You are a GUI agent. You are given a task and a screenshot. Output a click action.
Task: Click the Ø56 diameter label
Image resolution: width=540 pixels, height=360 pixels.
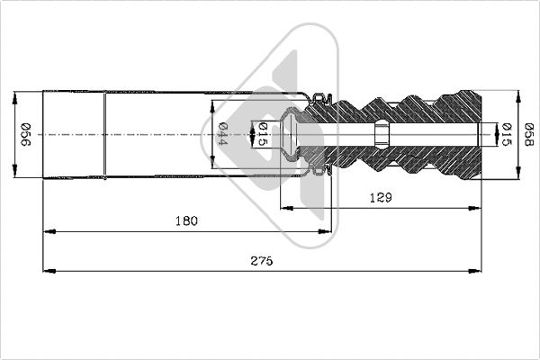tap(27, 134)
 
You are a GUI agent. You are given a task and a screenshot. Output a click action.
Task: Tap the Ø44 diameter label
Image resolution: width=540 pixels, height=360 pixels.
tap(222, 134)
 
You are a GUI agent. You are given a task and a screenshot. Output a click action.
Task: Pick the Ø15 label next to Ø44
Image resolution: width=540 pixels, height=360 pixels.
tap(262, 134)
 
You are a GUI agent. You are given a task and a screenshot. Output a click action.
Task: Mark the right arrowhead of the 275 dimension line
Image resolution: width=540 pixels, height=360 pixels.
tap(477, 269)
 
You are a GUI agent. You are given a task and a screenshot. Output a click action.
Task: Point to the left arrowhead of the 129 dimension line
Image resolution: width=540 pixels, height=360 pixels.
tap(286, 208)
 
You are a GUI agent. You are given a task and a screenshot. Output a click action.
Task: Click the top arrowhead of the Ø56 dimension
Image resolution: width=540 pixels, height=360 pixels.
tap(17, 94)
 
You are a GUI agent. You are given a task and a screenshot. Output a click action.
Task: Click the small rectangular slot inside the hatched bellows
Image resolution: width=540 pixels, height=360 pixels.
tap(382, 134)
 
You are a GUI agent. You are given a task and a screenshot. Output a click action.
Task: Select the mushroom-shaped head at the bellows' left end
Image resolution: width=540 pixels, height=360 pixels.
tap(289, 134)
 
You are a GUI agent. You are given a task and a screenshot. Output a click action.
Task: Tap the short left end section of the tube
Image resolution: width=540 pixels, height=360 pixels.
tap(74, 134)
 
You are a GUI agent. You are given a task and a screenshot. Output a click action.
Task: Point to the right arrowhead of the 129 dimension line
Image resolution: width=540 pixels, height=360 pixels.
tap(477, 208)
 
